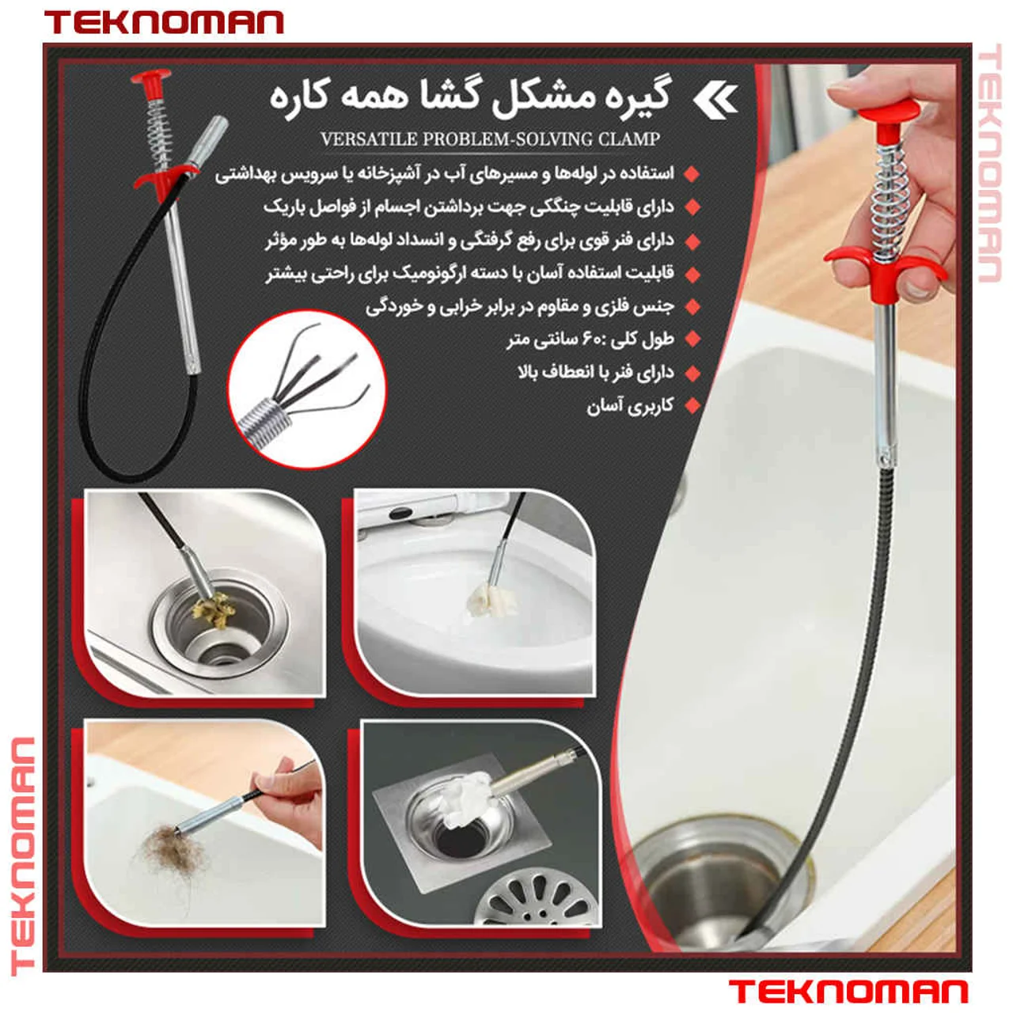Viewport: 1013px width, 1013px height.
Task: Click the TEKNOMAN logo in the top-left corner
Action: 164,23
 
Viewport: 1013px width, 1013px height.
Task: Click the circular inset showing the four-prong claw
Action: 307,389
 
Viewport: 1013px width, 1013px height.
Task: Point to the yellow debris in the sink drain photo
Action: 214,610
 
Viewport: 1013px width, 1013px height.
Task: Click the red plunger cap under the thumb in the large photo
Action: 889,112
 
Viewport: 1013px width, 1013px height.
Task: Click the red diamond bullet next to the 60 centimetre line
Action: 692,340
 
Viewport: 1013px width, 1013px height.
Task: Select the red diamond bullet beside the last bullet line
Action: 692,405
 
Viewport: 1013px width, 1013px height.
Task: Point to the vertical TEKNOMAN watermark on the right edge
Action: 989,163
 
